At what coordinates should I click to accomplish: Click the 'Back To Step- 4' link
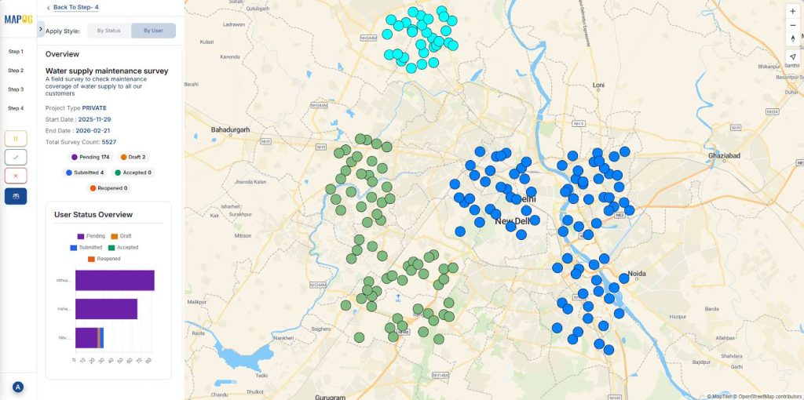(x=75, y=7)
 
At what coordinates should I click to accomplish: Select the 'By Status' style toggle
(x=108, y=31)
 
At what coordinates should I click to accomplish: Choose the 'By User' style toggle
(x=153, y=31)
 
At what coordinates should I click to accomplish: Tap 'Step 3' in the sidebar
(x=16, y=89)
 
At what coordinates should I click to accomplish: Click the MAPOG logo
(x=17, y=20)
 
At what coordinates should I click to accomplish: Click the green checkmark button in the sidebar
(x=16, y=157)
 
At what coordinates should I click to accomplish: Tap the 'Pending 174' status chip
(x=90, y=157)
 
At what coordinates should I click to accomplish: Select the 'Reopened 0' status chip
(x=108, y=188)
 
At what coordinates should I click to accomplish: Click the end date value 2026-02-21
(x=93, y=130)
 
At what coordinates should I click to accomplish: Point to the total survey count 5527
(x=108, y=142)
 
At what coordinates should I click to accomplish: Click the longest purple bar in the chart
(x=115, y=281)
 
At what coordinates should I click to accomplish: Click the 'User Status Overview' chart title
(x=93, y=214)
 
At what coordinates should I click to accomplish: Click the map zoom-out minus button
(x=793, y=25)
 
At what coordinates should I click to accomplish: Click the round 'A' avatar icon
(x=17, y=387)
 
